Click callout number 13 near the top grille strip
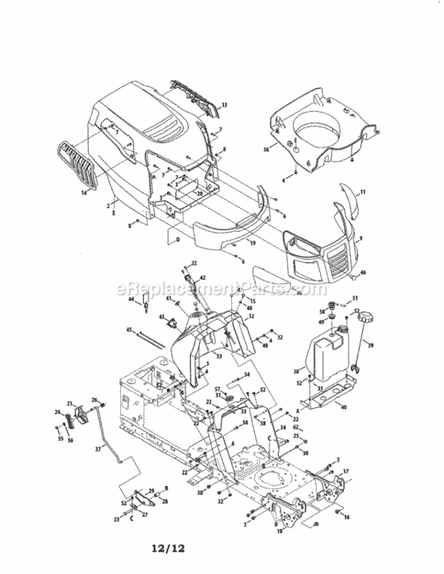tap(224, 105)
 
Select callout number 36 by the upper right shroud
tap(266, 150)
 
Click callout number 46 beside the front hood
tap(364, 272)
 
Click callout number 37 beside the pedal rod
tap(97, 450)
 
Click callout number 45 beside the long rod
tap(130, 330)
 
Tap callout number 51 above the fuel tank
tap(354, 298)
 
